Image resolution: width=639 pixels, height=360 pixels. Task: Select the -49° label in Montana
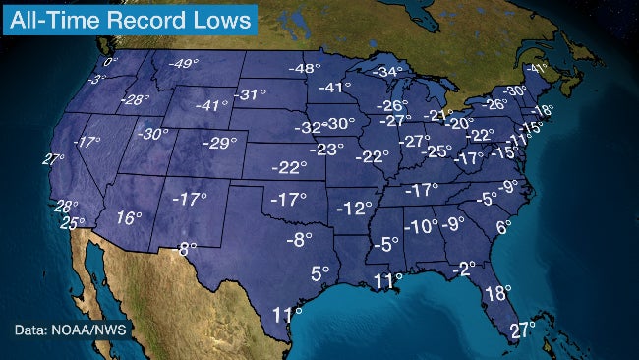click(x=182, y=64)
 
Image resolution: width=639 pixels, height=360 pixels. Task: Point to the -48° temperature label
click(x=306, y=68)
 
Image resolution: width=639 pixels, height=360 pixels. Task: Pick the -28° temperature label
click(x=136, y=99)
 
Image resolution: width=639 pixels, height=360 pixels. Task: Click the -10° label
click(x=422, y=226)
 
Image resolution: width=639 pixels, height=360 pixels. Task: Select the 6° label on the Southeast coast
click(x=503, y=227)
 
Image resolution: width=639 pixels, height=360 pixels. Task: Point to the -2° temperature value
click(x=464, y=268)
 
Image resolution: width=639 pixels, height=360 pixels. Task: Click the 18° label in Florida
click(x=498, y=292)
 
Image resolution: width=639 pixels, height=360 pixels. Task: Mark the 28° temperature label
click(x=66, y=206)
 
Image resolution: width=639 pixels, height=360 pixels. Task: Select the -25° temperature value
click(x=436, y=151)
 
